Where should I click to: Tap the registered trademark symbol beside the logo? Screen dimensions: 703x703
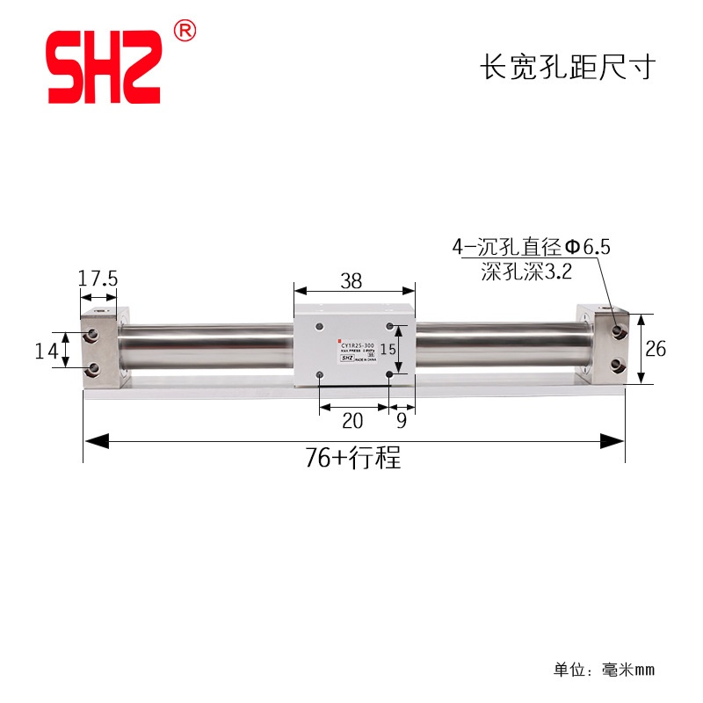tap(185, 31)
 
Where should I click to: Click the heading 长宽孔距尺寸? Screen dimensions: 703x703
tap(567, 68)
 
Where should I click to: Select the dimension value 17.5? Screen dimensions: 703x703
tap(97, 279)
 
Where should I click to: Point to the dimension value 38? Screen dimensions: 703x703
tap(351, 281)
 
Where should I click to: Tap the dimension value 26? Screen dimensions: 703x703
tap(656, 349)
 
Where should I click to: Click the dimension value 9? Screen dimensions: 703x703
tap(402, 421)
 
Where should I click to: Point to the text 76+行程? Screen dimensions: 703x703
tap(353, 458)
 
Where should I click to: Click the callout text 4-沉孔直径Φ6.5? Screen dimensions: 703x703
tap(530, 249)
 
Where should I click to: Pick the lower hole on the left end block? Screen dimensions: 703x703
tap(91, 367)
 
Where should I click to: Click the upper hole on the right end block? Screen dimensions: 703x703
tap(620, 331)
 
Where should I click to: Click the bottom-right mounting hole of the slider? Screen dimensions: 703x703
tap(389, 375)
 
